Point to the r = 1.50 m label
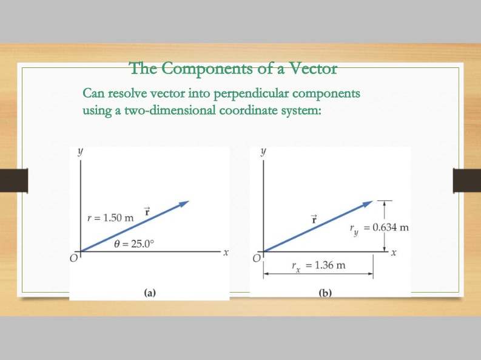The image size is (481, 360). (110, 218)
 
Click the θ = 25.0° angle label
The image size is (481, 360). (134, 244)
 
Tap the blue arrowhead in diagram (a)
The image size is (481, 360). (184, 204)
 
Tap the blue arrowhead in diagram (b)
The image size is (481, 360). (368, 204)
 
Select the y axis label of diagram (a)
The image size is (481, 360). (80, 152)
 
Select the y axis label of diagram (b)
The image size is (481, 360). (263, 152)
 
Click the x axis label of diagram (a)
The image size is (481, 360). (226, 253)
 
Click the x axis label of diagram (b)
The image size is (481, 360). (394, 253)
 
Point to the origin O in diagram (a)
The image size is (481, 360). (73, 259)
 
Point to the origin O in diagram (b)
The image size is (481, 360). (256, 259)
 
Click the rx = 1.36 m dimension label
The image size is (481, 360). (318, 266)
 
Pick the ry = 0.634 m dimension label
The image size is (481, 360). (379, 229)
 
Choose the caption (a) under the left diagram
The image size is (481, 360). (150, 293)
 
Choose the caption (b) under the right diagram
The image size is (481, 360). (325, 293)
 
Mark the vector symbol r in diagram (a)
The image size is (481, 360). (147, 212)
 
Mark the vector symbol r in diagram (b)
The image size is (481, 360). (314, 219)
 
